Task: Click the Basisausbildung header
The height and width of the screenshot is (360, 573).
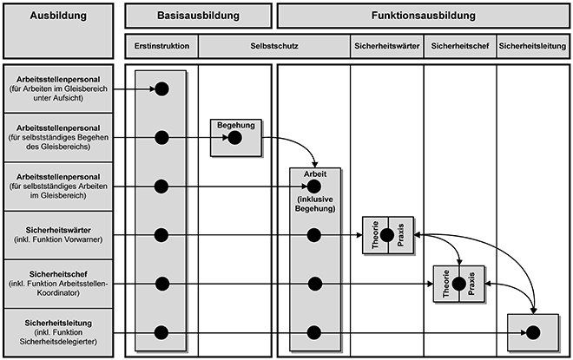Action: [x=199, y=16]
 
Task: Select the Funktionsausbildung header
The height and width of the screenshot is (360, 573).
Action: [x=424, y=16]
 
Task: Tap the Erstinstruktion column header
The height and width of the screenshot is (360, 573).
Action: [x=161, y=46]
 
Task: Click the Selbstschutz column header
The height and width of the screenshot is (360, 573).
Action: [x=274, y=46]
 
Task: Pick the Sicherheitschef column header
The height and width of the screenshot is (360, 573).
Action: [x=460, y=46]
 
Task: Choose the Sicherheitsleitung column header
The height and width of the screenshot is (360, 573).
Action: [x=532, y=46]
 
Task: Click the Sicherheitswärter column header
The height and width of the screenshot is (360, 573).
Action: [x=387, y=46]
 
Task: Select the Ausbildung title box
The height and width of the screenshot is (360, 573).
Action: [x=58, y=31]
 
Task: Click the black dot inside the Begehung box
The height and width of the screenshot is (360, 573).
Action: [x=234, y=138]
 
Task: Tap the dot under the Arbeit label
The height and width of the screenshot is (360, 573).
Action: [x=314, y=187]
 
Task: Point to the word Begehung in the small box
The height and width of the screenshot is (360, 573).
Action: [x=235, y=125]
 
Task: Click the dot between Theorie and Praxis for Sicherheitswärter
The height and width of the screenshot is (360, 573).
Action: [x=387, y=235]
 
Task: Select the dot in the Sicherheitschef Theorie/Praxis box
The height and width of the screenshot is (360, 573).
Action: [x=458, y=284]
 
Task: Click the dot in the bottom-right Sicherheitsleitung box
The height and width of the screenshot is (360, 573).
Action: [x=533, y=332]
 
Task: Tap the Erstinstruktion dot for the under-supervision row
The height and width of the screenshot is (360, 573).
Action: [x=161, y=88]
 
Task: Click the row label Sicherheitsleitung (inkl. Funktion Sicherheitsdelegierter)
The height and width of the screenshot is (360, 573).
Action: [x=58, y=332]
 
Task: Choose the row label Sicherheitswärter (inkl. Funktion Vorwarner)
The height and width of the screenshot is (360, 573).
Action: [x=58, y=235]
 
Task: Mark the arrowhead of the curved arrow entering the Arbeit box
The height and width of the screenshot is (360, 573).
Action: [x=314, y=165]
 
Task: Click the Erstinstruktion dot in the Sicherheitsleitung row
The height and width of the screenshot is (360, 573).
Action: [x=161, y=332]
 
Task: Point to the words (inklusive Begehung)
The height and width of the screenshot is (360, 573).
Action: [x=315, y=204]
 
